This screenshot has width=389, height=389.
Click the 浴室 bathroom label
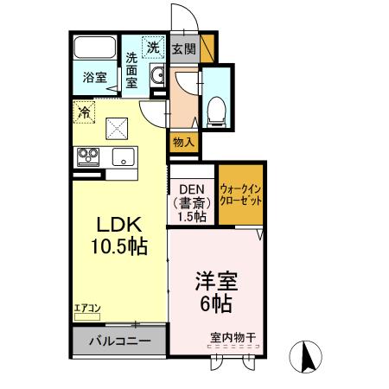click(x=95, y=77)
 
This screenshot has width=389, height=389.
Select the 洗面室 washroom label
click(x=131, y=69)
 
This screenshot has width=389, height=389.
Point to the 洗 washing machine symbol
click(x=152, y=48)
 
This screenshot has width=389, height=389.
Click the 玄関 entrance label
click(x=182, y=49)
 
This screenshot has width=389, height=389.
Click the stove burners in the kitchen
click(x=88, y=156)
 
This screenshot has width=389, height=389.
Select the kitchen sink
click(x=121, y=157)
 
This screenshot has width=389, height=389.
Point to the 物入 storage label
click(x=183, y=140)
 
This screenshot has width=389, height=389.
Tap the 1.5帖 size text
click(x=191, y=216)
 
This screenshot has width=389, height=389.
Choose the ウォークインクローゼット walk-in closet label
click(x=240, y=193)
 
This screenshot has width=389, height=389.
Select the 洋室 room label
click(x=215, y=282)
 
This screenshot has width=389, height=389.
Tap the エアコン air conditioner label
click(x=87, y=307)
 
